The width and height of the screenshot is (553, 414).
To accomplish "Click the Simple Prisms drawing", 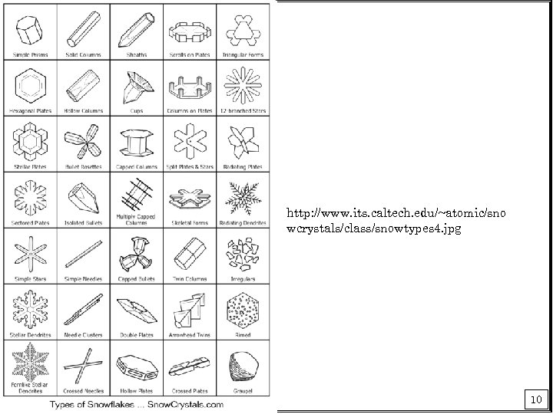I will point(29,30).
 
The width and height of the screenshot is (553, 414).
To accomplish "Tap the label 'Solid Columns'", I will point(83,54).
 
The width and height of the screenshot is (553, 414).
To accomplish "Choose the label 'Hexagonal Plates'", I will point(29,110).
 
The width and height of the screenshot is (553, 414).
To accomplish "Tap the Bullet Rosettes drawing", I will point(83,143).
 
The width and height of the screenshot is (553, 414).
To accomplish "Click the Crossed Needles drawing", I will point(83,363).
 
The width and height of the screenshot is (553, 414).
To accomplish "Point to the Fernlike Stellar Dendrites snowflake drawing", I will point(29,360).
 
